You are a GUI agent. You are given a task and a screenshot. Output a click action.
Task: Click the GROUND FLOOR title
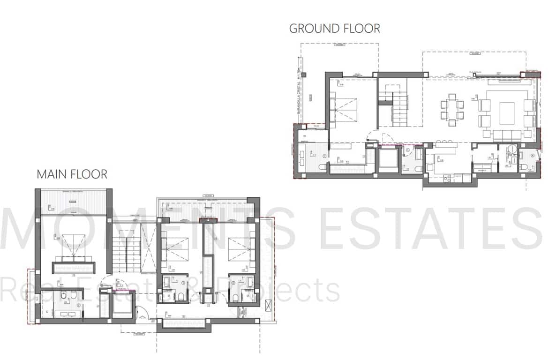[x=334, y=28]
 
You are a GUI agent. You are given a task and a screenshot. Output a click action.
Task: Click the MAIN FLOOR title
[x=72, y=174]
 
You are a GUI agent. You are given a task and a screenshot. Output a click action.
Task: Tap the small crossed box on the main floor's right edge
[x=268, y=306]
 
